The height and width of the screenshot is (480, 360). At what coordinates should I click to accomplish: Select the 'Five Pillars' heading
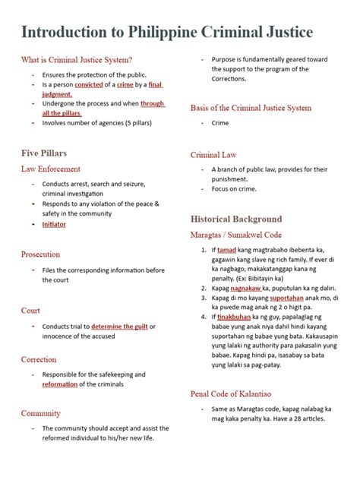[43, 153]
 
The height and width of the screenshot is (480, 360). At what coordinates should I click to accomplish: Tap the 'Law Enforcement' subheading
[52, 168]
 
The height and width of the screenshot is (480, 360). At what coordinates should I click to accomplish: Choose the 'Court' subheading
[31, 310]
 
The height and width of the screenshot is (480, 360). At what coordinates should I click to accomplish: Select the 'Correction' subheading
[39, 359]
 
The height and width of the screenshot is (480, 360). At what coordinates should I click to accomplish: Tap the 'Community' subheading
[41, 413]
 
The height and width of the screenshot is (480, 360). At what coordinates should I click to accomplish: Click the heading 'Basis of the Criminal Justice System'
[251, 108]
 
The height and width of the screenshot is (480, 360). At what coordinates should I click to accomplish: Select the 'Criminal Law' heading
[214, 155]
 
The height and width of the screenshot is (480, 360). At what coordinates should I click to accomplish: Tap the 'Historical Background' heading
[235, 219]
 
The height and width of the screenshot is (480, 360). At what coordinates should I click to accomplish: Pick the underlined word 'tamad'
[226, 250]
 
